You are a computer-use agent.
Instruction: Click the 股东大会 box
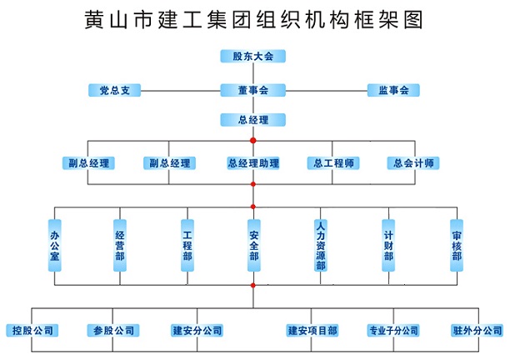(252, 56)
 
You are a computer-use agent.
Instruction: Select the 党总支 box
(114, 90)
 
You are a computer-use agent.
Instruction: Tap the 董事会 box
(252, 90)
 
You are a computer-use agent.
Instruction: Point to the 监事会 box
(392, 90)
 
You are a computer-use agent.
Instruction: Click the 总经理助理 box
(252, 162)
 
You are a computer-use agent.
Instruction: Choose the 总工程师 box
(332, 162)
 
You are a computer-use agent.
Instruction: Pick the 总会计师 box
(413, 162)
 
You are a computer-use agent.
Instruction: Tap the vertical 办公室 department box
(54, 246)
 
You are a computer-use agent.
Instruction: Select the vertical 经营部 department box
(120, 246)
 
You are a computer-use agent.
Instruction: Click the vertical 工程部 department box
(187, 246)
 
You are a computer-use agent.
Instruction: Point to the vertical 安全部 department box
(253, 246)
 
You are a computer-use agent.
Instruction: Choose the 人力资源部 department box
(321, 246)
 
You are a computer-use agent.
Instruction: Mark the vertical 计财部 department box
(388, 246)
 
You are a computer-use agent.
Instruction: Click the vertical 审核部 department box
(456, 246)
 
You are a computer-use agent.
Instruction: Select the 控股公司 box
(32, 330)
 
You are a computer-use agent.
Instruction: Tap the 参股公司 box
(114, 330)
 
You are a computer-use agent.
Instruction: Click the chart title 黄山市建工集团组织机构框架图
(254, 18)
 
